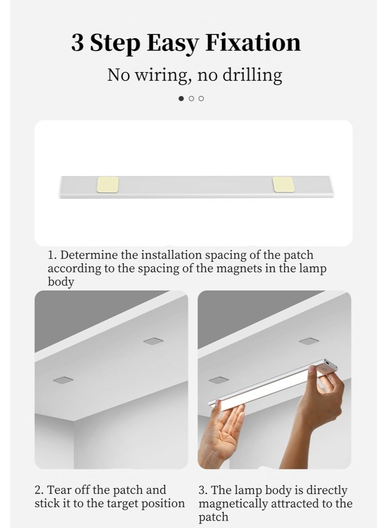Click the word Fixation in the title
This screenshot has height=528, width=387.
253,43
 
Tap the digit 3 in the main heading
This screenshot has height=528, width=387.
77,43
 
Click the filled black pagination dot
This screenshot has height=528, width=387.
181,98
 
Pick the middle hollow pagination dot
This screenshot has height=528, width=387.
192,98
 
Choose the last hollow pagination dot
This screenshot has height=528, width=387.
201,98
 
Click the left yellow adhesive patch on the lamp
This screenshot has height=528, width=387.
108,184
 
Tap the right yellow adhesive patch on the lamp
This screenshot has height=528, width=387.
283,184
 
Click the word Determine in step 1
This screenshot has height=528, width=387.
89,255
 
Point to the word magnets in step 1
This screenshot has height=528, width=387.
239,269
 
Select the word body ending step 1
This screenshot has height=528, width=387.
60,282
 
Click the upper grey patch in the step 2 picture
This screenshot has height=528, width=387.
153,341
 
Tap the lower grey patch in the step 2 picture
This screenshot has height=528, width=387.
63,380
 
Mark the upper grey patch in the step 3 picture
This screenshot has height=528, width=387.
309,341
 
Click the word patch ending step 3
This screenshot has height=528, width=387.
213,517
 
